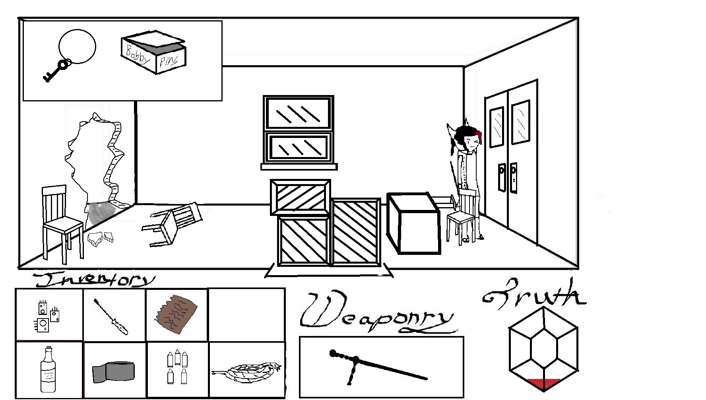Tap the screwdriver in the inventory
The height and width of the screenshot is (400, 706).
pos(111,317)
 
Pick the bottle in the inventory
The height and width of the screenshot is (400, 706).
pos(48,369)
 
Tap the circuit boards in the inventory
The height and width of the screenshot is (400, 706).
pos(46,317)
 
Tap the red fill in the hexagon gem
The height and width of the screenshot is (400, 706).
pos(543,384)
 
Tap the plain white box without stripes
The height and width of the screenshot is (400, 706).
pos(413,223)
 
